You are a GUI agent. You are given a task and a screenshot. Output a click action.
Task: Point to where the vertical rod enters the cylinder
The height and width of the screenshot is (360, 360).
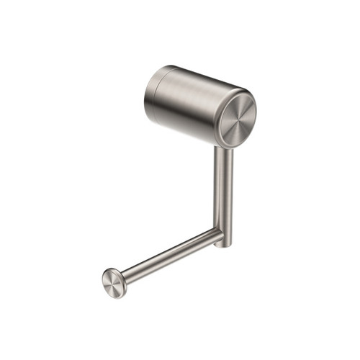[x=223, y=145]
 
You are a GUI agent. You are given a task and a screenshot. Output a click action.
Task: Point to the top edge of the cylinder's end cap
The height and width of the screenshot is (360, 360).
[x=242, y=94]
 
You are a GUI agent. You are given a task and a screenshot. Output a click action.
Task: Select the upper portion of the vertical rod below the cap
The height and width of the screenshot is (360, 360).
[x=224, y=160]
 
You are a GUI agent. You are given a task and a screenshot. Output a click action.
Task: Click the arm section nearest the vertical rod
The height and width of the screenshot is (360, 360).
[x=209, y=238]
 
